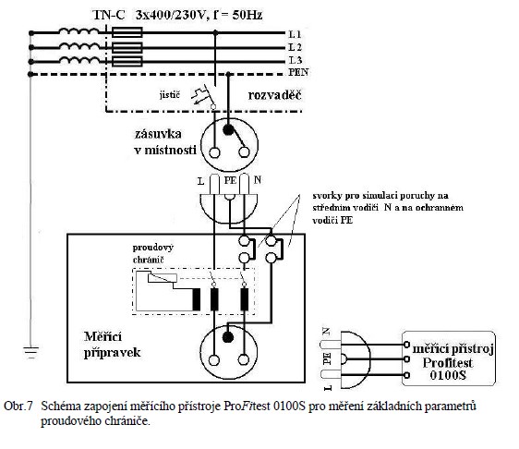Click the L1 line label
coord(295,34)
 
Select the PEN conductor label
coord(298,72)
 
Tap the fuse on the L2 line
coord(127,47)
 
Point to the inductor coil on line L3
coord(79,61)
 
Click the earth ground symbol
coord(30,353)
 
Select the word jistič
coord(170,95)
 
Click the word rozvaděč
coord(274,95)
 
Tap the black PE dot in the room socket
coord(228,129)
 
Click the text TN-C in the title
coord(109,15)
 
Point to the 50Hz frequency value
coord(247,15)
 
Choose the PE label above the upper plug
coord(230,180)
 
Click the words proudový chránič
coord(153,253)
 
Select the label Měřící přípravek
coord(113,345)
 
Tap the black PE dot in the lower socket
coord(228,337)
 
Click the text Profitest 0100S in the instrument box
coord(448,369)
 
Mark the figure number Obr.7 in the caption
coord(18,406)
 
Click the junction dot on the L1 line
coord(215,32)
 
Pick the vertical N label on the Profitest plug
coord(326,331)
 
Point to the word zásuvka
coord(158,134)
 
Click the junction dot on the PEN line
coord(228,74)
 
